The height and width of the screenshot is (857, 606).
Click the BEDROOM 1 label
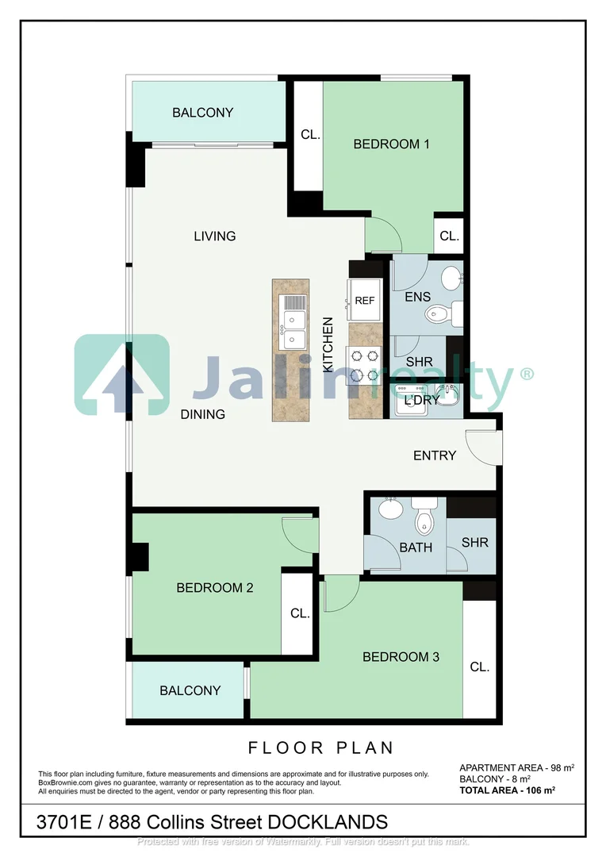pyautogui.click(x=391, y=144)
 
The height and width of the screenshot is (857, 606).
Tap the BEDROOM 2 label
pyautogui.click(x=214, y=588)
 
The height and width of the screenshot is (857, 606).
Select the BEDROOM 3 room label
pyautogui.click(x=401, y=657)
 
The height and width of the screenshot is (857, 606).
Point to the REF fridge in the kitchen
pyautogui.click(x=364, y=301)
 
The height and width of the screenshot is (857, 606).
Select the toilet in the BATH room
pyautogui.click(x=425, y=519)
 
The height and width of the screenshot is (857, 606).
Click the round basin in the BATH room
pyautogui.click(x=389, y=508)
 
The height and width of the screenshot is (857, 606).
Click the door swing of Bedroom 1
pyautogui.click(x=384, y=234)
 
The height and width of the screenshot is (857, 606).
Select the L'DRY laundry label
pyautogui.click(x=421, y=401)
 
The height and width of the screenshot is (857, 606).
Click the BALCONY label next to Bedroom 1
pyautogui.click(x=203, y=113)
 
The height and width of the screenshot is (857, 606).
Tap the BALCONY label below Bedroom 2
pyautogui.click(x=190, y=690)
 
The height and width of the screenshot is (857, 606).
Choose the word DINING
pyautogui.click(x=202, y=414)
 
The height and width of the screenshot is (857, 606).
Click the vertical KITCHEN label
pyautogui.click(x=328, y=345)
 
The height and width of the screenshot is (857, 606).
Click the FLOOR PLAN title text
pyautogui.click(x=321, y=748)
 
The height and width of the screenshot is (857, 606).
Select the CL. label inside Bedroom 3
pyautogui.click(x=479, y=667)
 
